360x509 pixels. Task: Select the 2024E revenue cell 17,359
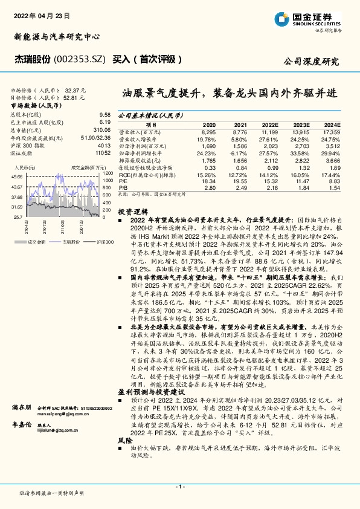point(332,132)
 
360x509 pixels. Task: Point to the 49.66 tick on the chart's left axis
point(17,176)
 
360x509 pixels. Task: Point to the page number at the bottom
point(179,487)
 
